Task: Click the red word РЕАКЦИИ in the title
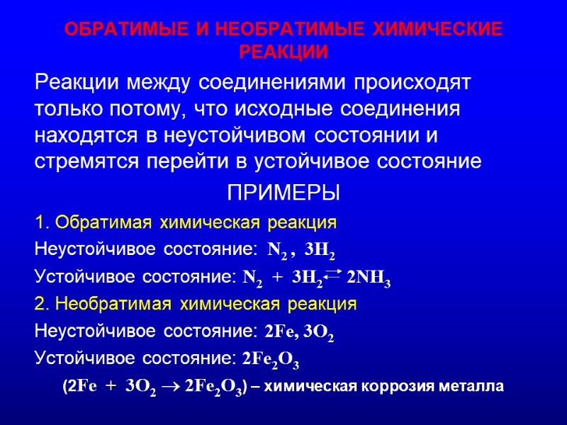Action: point(283,53)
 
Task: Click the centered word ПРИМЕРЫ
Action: point(283,192)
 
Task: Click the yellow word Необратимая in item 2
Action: point(115,305)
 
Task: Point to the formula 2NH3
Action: point(369,279)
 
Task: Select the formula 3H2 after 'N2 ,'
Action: point(318,251)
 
